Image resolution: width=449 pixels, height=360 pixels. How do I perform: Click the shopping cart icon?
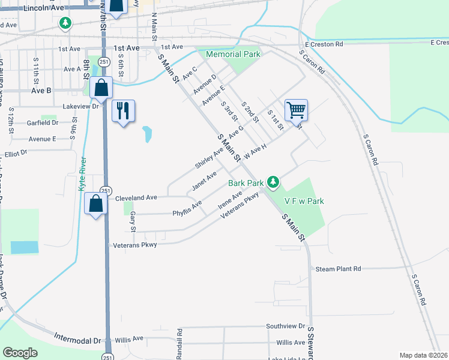click(x=296, y=110)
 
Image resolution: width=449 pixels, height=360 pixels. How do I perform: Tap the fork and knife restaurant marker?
click(x=124, y=111)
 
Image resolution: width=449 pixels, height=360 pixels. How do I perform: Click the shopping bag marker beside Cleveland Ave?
click(x=96, y=204)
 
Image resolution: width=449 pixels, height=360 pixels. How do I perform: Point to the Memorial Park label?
click(x=233, y=54)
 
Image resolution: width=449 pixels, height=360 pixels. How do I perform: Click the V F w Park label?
click(x=304, y=201)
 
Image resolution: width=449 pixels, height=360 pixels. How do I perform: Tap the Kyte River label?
click(x=82, y=174)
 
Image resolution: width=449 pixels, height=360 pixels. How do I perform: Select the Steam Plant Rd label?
click(x=338, y=269)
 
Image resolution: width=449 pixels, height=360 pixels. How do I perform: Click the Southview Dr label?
click(x=286, y=326)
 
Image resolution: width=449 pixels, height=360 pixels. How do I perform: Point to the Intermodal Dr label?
click(x=78, y=340)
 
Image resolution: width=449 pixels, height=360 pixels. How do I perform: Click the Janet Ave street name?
click(x=204, y=181)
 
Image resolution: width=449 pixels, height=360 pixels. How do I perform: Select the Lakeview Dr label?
click(x=80, y=106)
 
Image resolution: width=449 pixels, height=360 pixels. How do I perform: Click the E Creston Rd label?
click(x=324, y=44)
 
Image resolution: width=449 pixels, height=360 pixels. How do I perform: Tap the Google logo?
click(x=20, y=353)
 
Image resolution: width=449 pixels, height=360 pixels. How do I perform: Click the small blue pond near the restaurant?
click(x=147, y=134)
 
